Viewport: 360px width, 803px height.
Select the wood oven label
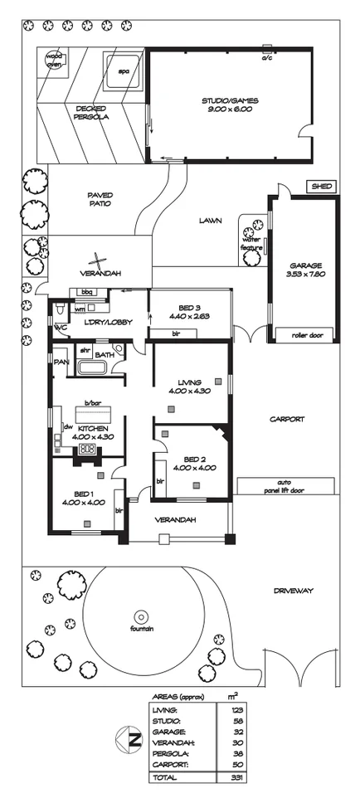54,61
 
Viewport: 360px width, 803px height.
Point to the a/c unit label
266,59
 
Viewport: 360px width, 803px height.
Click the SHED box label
321,187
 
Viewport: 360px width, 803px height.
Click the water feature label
251,244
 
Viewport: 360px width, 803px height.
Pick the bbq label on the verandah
85,292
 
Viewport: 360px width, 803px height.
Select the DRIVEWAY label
293,591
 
